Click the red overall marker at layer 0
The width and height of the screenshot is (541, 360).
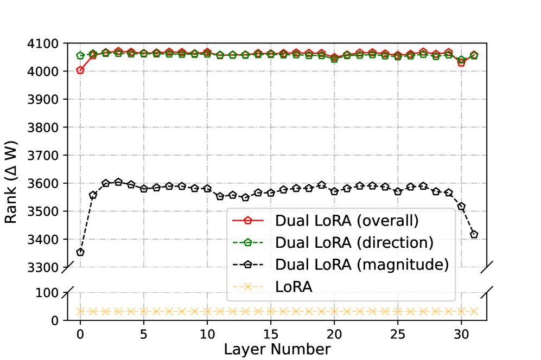pyautogui.click(x=80, y=70)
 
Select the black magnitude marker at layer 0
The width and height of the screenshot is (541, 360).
pyautogui.click(x=80, y=252)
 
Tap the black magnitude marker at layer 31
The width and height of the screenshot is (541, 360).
pyautogui.click(x=474, y=234)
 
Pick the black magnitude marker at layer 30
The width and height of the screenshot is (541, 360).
pyautogui.click(x=461, y=207)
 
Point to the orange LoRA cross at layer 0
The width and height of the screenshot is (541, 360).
pyautogui.click(x=80, y=311)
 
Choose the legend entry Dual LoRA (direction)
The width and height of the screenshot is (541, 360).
pyautogui.click(x=354, y=242)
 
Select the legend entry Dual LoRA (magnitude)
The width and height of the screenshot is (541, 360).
pyautogui.click(x=362, y=265)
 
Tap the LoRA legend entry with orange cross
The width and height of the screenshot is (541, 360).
pyautogui.click(x=294, y=286)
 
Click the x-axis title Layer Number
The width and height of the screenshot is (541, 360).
pyautogui.click(x=277, y=350)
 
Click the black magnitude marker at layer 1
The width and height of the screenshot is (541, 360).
pyautogui.click(x=93, y=195)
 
